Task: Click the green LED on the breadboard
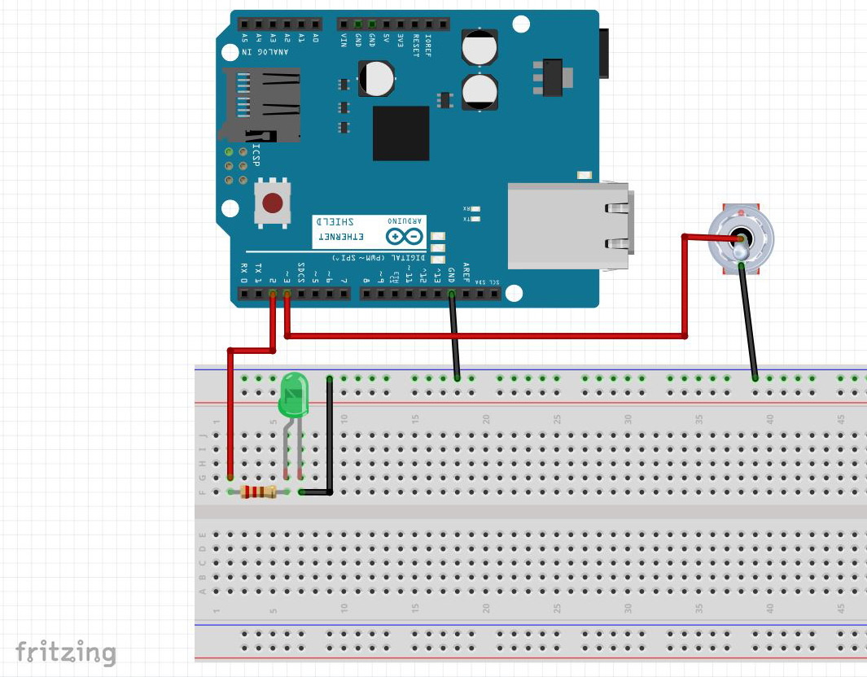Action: [x=293, y=393]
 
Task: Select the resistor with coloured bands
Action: [x=257, y=491]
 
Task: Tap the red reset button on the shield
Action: [x=273, y=202]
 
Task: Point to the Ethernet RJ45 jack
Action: [x=568, y=225]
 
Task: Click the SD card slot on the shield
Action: [x=261, y=104]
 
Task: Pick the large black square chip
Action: [x=401, y=133]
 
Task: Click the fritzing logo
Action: [x=65, y=652]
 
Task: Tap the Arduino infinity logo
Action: [x=405, y=237]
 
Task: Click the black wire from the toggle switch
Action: [x=749, y=321]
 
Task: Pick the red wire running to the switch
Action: [x=488, y=335]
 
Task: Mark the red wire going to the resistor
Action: [x=230, y=415]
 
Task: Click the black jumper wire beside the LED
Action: [x=330, y=435]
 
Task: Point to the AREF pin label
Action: [x=466, y=272]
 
